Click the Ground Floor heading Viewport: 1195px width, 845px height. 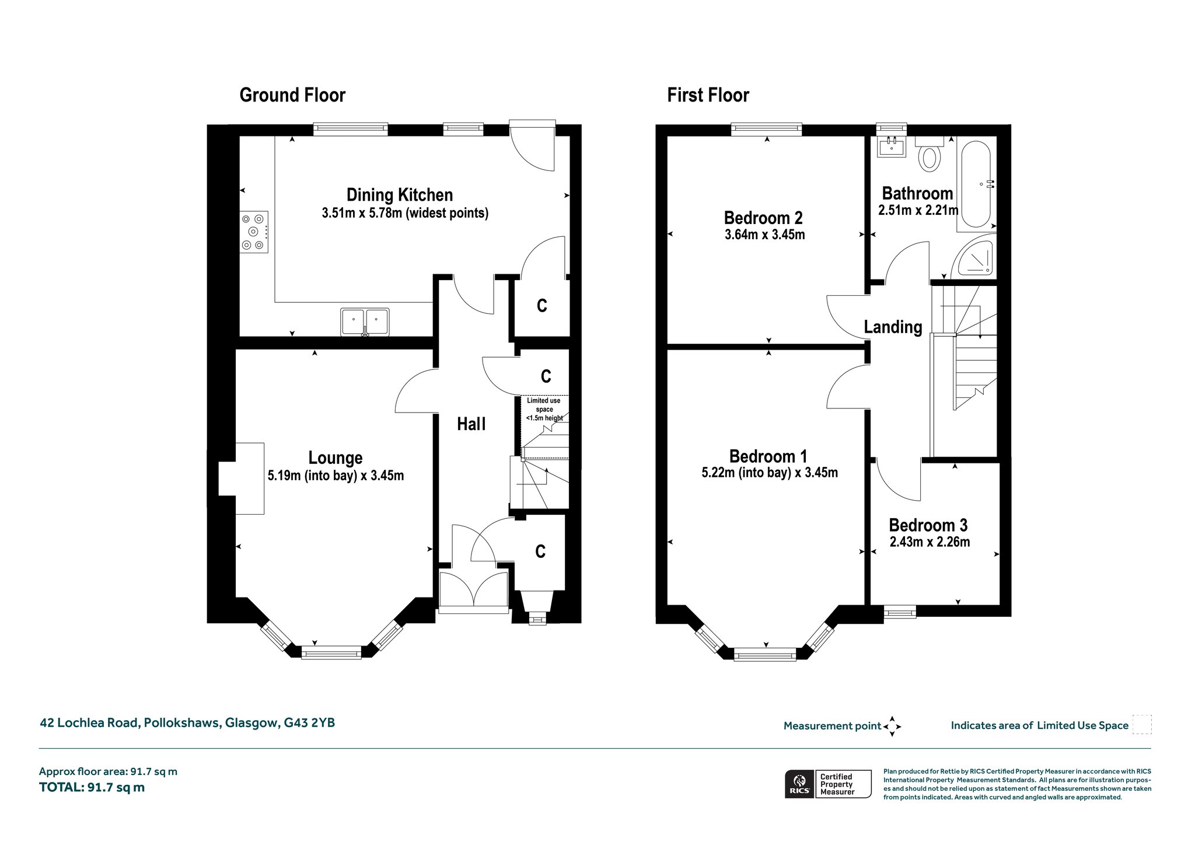[x=292, y=95]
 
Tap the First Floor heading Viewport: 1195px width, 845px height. [x=708, y=95]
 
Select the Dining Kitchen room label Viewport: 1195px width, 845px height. [x=400, y=194]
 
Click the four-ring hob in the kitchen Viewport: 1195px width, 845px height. [x=254, y=232]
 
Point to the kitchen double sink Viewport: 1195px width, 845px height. [x=365, y=322]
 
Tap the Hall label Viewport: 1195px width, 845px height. [x=471, y=424]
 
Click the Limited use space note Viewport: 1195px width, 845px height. [x=544, y=409]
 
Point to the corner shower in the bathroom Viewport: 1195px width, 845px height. [x=973, y=257]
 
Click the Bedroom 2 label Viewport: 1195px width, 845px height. [x=763, y=218]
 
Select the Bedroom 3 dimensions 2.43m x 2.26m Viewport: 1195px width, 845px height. [x=930, y=542]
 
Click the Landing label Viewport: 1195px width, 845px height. [x=893, y=327]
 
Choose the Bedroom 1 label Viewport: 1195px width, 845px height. [x=768, y=456]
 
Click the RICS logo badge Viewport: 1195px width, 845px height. [x=828, y=784]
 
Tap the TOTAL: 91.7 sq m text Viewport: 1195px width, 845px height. [x=92, y=787]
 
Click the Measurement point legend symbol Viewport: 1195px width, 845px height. [x=892, y=727]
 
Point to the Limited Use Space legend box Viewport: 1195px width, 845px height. [x=1142, y=725]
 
